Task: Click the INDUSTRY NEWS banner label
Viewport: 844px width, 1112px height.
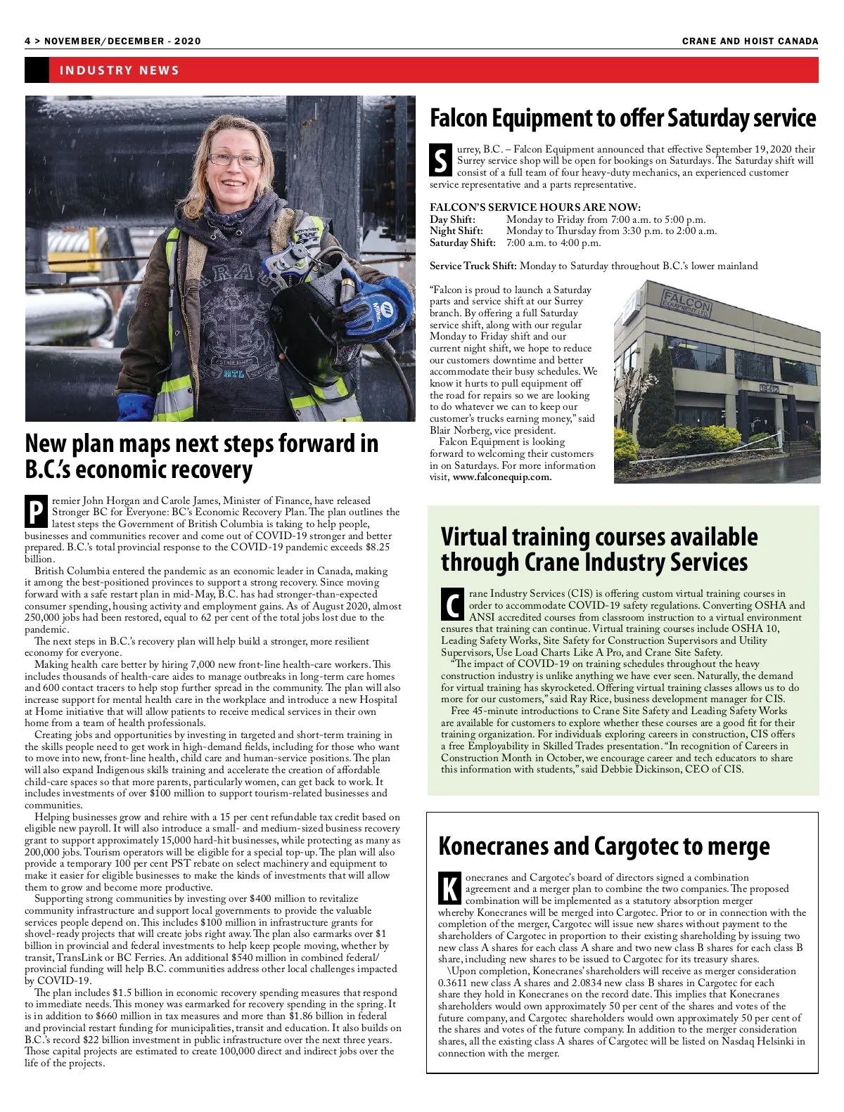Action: tap(120, 70)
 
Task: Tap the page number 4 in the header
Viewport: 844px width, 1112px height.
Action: tap(27, 41)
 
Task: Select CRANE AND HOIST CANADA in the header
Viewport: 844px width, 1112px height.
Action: tap(750, 41)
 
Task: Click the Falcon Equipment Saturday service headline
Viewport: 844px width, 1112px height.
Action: tap(622, 118)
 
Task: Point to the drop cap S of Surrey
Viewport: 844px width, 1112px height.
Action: tap(440, 161)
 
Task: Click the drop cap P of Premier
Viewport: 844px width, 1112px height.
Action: tap(35, 512)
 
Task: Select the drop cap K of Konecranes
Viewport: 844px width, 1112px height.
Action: tap(449, 888)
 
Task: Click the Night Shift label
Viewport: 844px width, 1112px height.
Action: tap(456, 231)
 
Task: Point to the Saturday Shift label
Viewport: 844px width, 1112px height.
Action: tap(462, 243)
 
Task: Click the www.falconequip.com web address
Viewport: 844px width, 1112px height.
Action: tap(502, 477)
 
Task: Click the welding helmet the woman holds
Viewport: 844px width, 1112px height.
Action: tap(309, 309)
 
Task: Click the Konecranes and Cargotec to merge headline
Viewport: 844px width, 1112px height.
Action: tap(603, 846)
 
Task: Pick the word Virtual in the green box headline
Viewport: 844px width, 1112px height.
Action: tap(474, 536)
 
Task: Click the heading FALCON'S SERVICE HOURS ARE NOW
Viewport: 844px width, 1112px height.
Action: tap(535, 207)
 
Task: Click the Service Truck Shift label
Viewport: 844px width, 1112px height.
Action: tap(473, 266)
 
